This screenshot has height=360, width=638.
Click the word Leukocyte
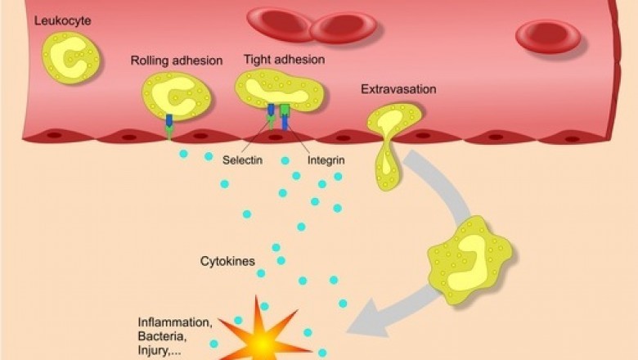coord(62,20)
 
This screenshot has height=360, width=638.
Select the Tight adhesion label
coord(284,60)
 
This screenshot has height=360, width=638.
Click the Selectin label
coord(242,160)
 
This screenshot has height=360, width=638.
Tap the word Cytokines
coord(227,262)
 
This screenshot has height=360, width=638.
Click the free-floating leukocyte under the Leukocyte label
coord(70,57)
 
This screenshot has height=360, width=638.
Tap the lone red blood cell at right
coord(547,36)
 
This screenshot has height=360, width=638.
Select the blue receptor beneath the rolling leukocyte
coord(169,120)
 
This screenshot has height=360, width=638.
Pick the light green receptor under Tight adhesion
coord(285,110)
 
